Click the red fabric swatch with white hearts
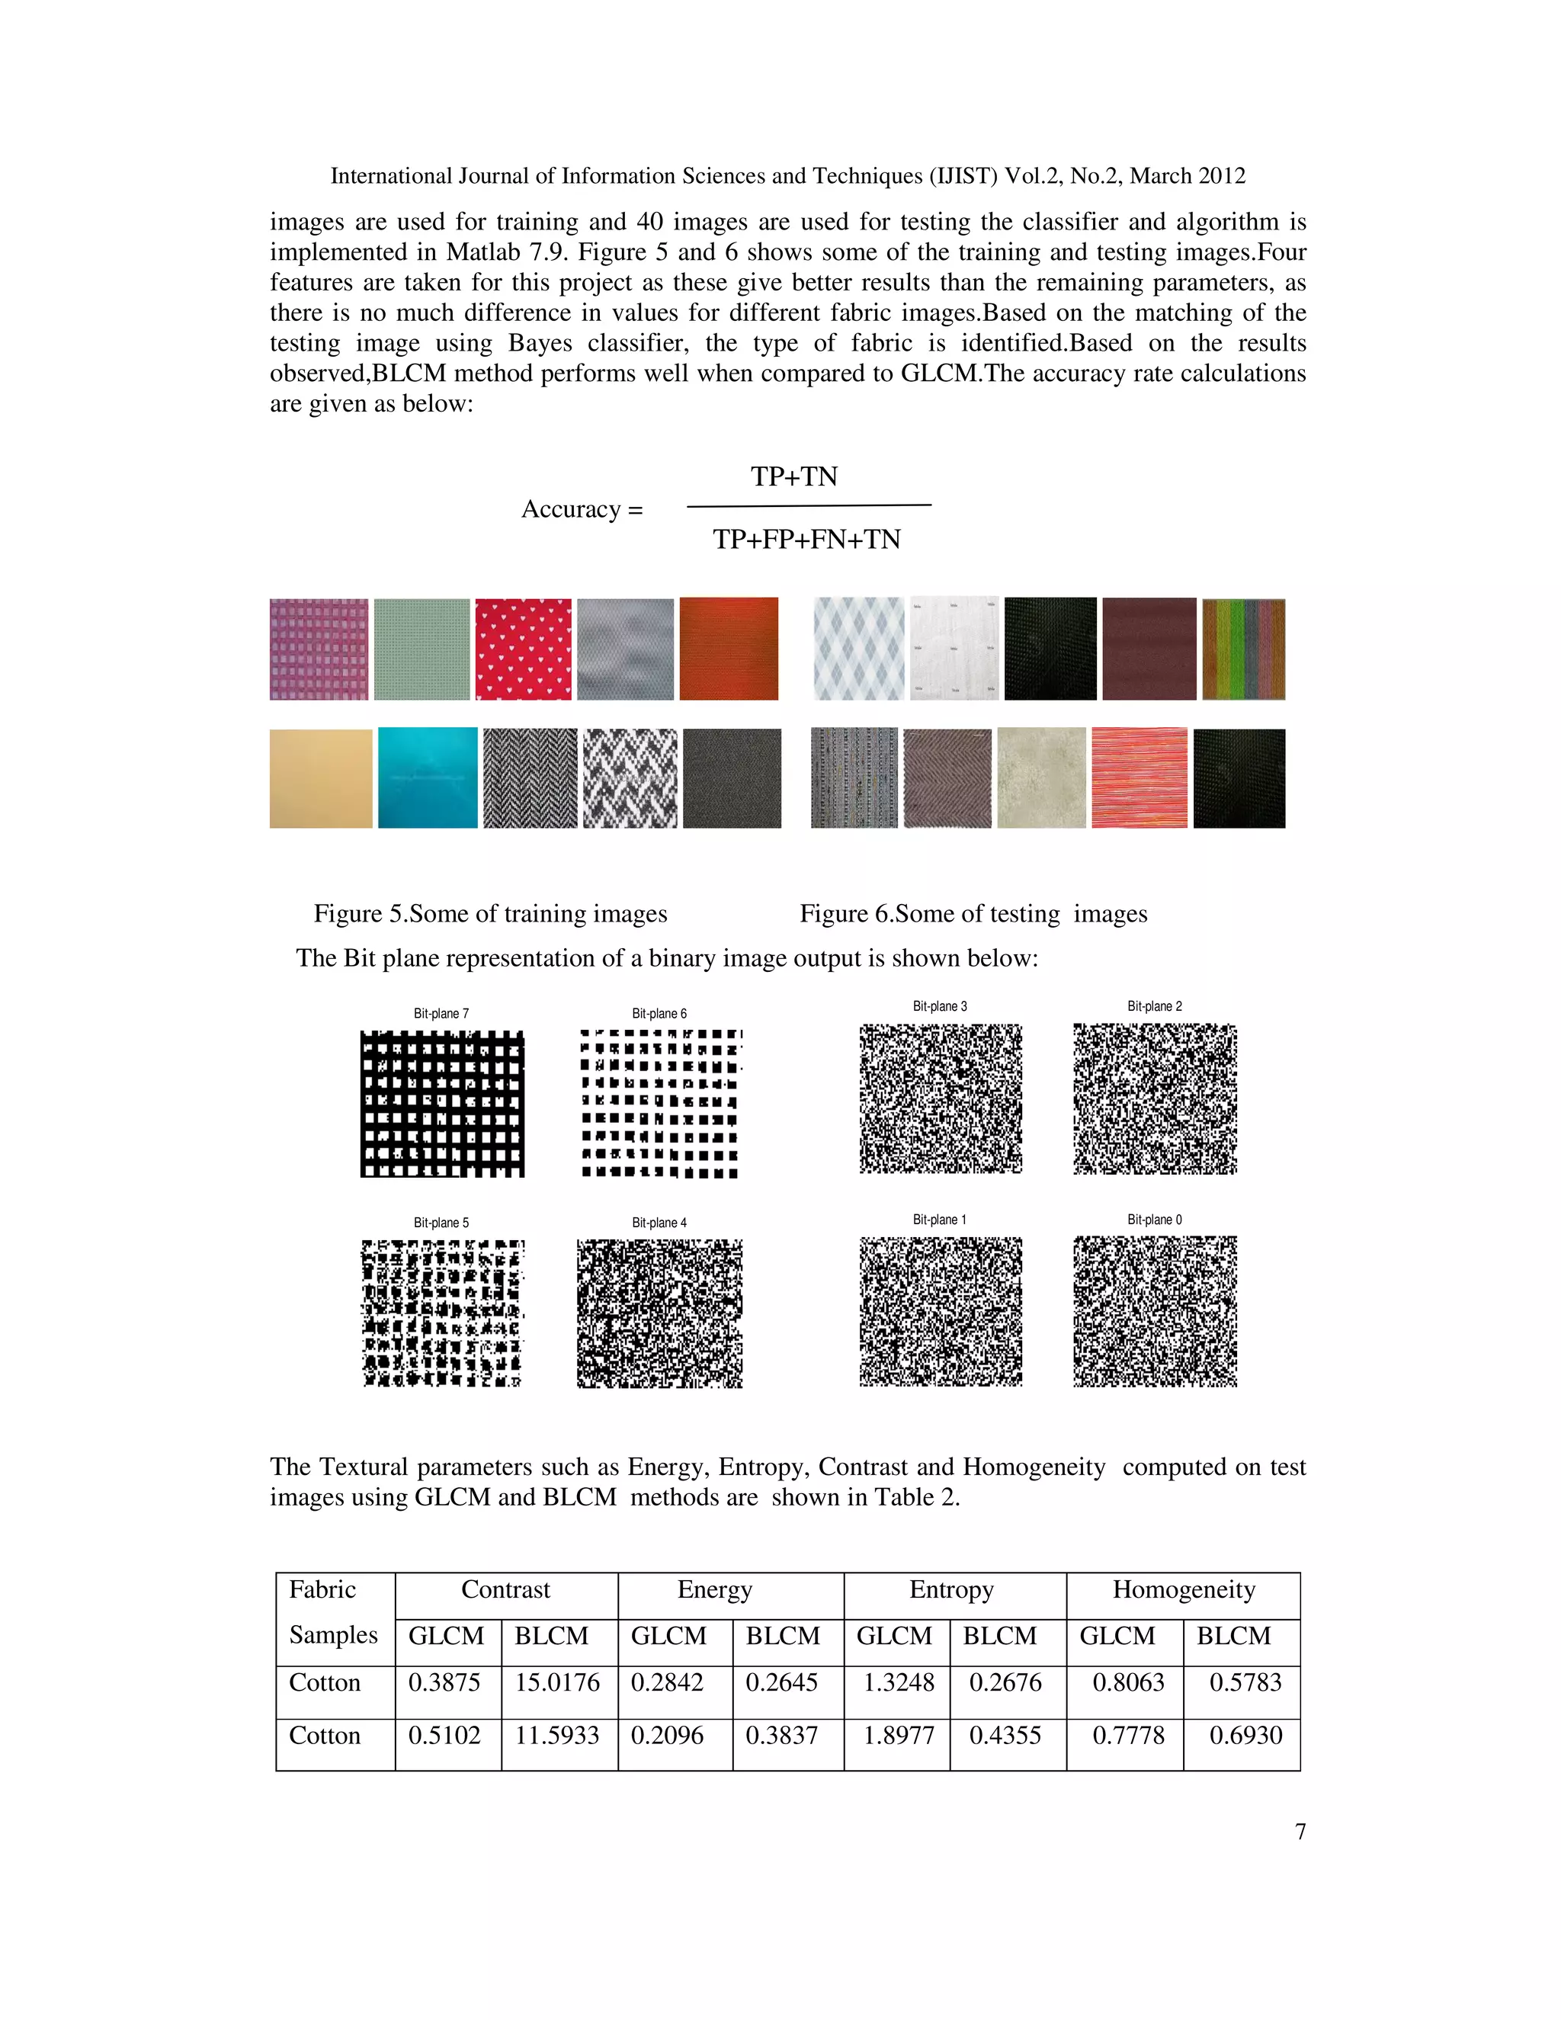coord(524,649)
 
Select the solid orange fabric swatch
coord(729,649)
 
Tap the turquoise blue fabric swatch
coord(428,778)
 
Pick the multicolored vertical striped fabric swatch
coord(1243,649)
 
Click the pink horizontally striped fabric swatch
coord(1139,778)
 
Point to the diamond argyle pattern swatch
coord(858,649)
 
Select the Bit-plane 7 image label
coord(441,1014)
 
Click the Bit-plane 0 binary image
coord(1155,1312)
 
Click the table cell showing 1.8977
coord(897,1735)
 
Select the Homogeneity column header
coord(1183,1590)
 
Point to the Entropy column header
coord(951,1590)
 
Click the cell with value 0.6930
coord(1245,1735)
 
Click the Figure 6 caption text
coord(973,914)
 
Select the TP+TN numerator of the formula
coord(793,477)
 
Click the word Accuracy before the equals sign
coord(571,510)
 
